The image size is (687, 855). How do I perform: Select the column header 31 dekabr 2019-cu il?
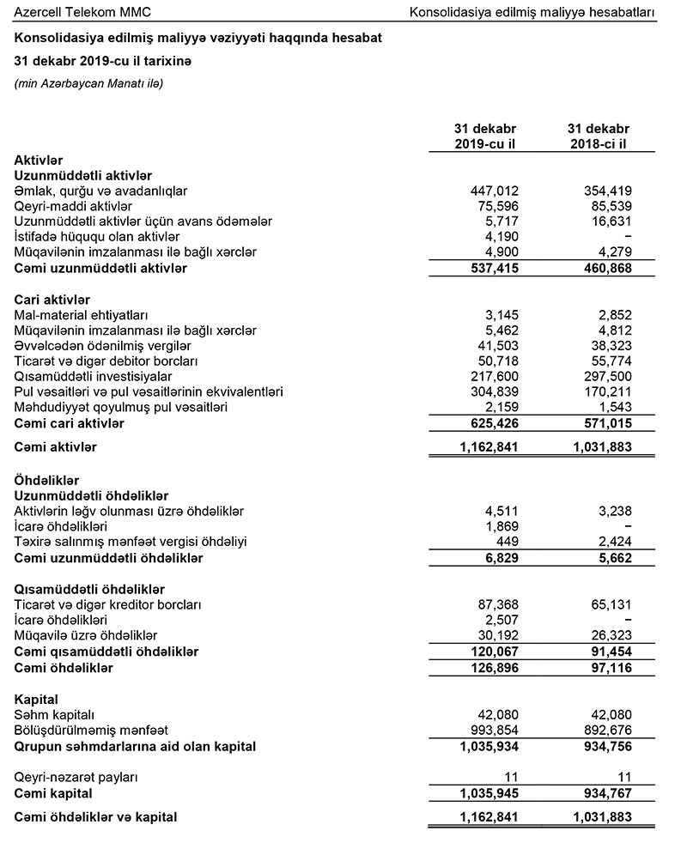(485, 136)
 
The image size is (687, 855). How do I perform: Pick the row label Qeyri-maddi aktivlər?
(73, 205)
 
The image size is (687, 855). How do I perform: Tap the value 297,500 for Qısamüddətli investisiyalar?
(607, 377)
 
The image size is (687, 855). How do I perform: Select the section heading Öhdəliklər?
(46, 480)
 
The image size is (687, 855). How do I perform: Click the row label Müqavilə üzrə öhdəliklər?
(86, 636)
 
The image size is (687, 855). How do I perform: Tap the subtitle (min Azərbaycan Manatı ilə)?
(88, 83)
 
